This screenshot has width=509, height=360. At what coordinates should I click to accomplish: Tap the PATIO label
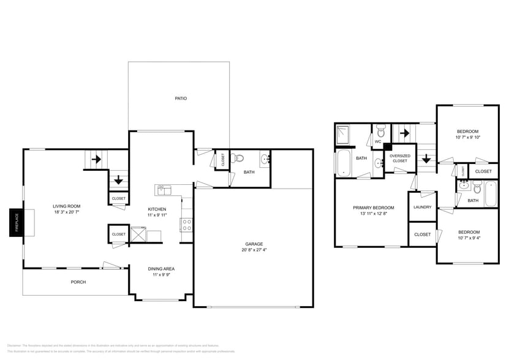coord(181,98)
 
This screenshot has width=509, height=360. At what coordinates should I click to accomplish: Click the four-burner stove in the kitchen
coord(187,225)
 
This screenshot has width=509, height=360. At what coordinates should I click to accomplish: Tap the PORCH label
coord(78,282)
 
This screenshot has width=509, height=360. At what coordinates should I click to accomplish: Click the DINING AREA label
coord(161,269)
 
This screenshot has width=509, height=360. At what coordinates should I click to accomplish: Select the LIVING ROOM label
coord(66,206)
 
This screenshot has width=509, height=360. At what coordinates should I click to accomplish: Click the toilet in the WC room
coord(380,131)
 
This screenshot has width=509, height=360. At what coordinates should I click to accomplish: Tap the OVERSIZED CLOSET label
coord(400,158)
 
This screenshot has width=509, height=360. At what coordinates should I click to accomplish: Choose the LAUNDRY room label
coord(422,207)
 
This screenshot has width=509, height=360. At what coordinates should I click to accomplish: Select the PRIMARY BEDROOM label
coord(374,208)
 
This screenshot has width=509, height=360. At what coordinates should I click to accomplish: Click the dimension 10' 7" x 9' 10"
coord(469,137)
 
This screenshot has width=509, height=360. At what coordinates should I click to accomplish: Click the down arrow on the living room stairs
coord(118,181)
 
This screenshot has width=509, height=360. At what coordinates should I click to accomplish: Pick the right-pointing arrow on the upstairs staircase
coord(404,132)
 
